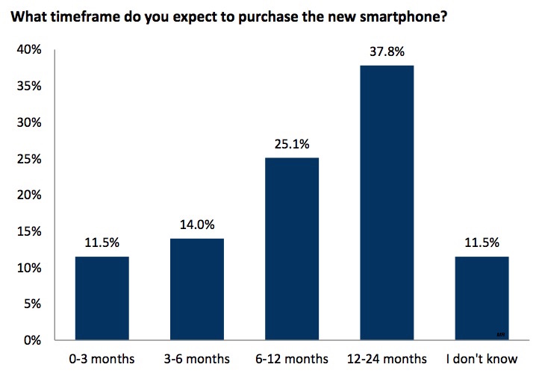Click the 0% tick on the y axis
(32, 340)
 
